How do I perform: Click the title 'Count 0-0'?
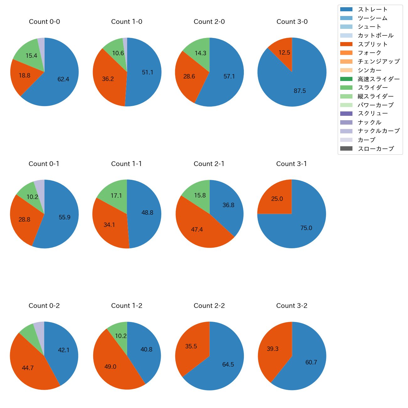tap(44, 22)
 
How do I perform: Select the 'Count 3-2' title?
tap(292, 306)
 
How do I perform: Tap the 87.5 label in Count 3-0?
tap(300, 91)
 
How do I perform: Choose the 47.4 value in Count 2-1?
tap(197, 229)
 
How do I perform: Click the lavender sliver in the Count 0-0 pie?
tap(41, 44)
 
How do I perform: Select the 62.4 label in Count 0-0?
tap(63, 79)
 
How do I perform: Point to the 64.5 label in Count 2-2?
tap(228, 364)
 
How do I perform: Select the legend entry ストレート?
tap(373, 9)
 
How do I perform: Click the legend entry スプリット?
tap(373, 44)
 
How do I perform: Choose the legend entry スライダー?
tap(373, 88)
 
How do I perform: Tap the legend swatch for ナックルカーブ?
tap(346, 131)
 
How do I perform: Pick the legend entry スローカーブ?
tap(376, 148)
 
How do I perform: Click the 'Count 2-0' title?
tap(209, 22)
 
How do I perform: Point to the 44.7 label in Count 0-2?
tap(28, 368)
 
